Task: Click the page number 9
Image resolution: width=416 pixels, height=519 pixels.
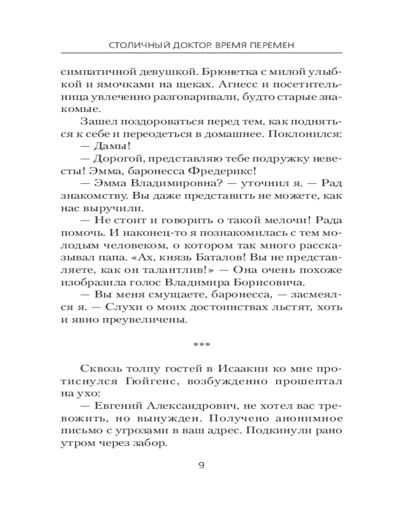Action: point(202,465)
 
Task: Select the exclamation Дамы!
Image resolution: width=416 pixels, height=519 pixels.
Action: point(108,146)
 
